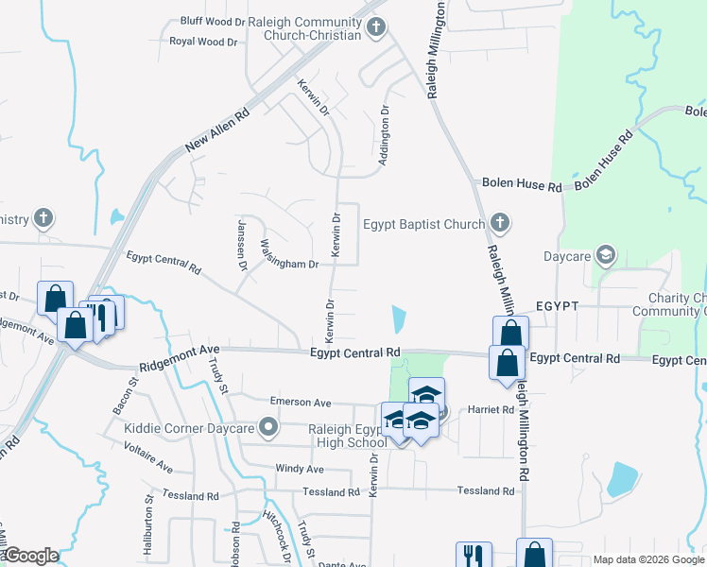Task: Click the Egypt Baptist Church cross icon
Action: pos(500,224)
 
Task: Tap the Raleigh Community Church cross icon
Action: pos(376,27)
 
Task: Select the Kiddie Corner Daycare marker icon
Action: pos(269,428)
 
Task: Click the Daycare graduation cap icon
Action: pos(605,255)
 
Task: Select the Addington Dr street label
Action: pos(384,136)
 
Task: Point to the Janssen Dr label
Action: pos(242,243)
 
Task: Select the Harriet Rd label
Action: pos(488,410)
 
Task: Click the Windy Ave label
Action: pos(300,469)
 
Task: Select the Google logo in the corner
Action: pos(31,555)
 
